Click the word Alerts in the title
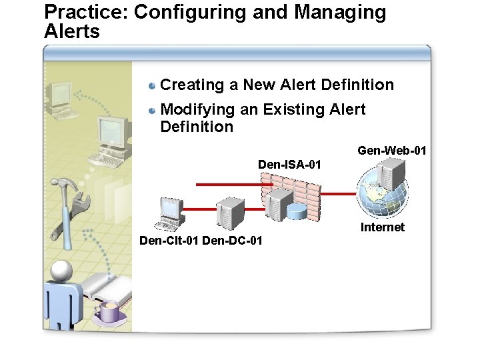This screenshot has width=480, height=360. (72, 31)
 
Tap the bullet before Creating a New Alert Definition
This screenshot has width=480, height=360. (153, 85)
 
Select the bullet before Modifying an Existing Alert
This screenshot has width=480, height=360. (153, 110)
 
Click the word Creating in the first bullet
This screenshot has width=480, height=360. (189, 85)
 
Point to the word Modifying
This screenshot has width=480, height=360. (195, 109)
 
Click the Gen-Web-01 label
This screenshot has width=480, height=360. (391, 151)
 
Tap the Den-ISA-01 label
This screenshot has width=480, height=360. (289, 164)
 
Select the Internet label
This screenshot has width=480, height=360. (382, 227)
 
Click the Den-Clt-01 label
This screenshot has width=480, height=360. (169, 240)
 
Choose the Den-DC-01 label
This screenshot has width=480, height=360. (232, 240)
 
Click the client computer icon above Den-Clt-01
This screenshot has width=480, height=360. (167, 213)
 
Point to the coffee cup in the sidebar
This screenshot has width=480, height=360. (109, 311)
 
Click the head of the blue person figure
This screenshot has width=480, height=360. (62, 271)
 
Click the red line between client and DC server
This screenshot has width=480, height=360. (200, 209)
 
